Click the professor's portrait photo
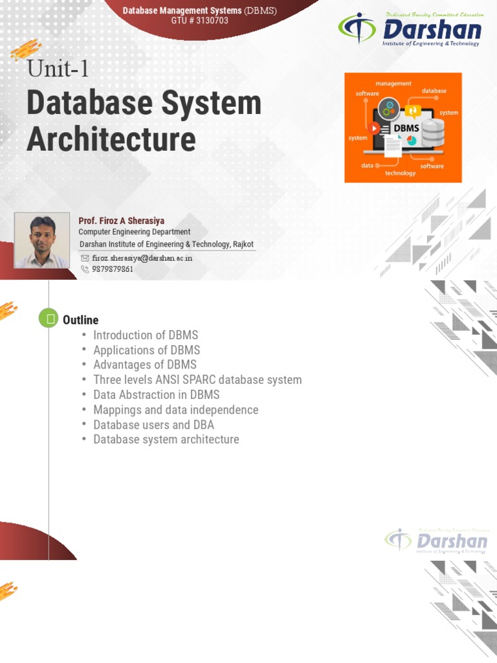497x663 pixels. pos(42,241)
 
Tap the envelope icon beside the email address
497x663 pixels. pos(85,258)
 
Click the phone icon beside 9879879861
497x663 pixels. pos(85,269)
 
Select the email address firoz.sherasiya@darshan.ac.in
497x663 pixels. pos(142,258)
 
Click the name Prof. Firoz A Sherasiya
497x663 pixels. pos(121,221)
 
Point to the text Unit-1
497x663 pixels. pos(58,68)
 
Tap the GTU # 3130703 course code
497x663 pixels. pos(199,21)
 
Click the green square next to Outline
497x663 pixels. pos(49,319)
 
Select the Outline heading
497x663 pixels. pos(80,320)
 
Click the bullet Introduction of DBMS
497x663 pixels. pos(146,335)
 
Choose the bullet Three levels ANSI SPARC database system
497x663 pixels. pos(197,380)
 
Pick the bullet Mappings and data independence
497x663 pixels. pos(175,410)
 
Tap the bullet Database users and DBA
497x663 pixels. pos(153,425)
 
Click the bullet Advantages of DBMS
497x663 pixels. pos(144,365)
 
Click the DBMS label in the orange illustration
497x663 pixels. pos(406,128)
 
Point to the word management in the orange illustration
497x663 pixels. pos(393,84)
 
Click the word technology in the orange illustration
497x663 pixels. pos(401,174)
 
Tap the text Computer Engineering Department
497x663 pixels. pos(134,232)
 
